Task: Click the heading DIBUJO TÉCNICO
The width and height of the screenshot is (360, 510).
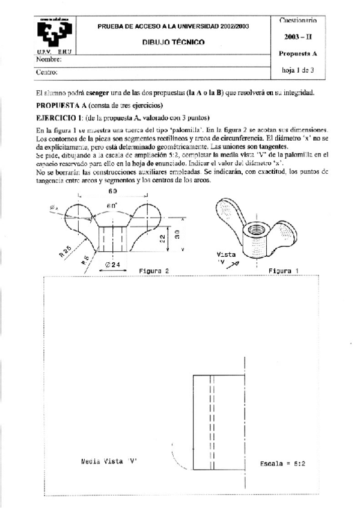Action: point(173,42)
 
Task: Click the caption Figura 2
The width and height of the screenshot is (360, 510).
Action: point(153,271)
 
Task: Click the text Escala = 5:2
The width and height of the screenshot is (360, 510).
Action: point(283,464)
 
